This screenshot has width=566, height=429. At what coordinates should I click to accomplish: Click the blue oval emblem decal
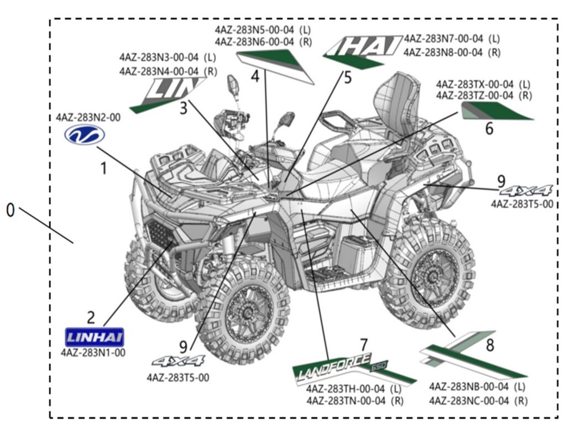(85, 134)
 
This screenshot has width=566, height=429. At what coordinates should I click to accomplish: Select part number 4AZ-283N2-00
(88, 117)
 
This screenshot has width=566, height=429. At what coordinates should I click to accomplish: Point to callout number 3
(184, 108)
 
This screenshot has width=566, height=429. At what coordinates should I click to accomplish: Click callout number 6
(489, 128)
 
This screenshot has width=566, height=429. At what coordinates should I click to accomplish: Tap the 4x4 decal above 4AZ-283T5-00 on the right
(526, 191)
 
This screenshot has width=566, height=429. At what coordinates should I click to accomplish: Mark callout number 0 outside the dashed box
(10, 210)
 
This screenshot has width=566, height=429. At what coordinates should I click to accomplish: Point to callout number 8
(490, 346)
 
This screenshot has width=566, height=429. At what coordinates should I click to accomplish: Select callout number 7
(363, 345)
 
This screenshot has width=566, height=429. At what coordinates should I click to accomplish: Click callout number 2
(91, 317)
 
